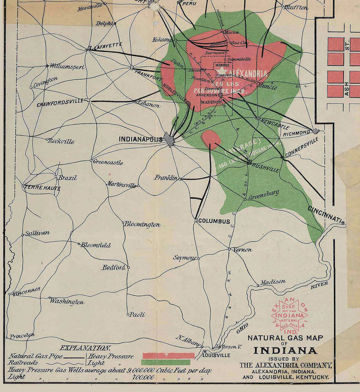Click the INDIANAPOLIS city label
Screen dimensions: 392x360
pyautogui.click(x=140, y=139)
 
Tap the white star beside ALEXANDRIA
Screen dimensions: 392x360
pyautogui.click(x=220, y=70)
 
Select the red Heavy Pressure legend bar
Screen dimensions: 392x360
pyautogui.click(x=168, y=356)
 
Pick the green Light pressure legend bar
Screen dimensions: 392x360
pyautogui.click(x=166, y=362)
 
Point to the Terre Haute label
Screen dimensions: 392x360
pyautogui.click(x=42, y=188)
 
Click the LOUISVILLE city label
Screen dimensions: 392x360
pyautogui.click(x=216, y=355)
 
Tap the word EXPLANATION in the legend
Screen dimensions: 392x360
pyautogui.click(x=85, y=348)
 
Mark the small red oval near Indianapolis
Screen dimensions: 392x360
pyautogui.click(x=210, y=139)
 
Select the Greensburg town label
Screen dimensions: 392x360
pyautogui.click(x=264, y=195)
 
